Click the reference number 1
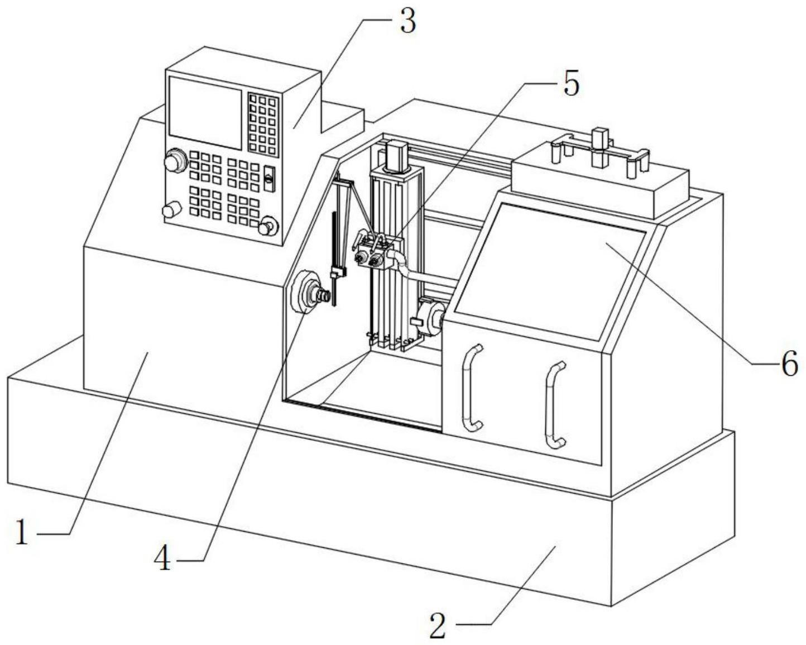(x=21, y=532)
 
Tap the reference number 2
(x=438, y=626)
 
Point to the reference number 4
(x=163, y=558)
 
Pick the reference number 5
(x=570, y=83)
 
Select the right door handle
(x=555, y=405)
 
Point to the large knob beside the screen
(x=175, y=161)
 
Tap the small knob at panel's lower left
(x=171, y=211)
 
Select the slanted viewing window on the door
(x=550, y=271)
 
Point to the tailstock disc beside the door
(x=429, y=319)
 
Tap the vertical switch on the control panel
(x=269, y=179)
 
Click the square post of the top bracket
(x=599, y=148)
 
